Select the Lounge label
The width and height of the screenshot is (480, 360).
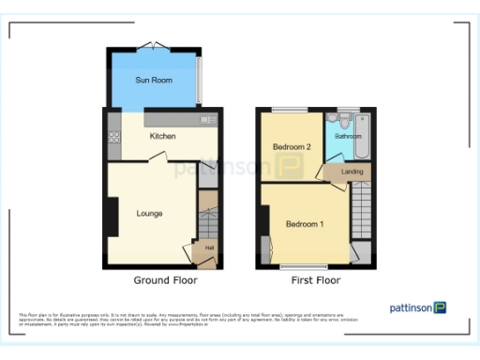[149, 214]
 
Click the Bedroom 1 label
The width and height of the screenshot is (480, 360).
[306, 224]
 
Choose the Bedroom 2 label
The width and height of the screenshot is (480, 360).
[292, 147]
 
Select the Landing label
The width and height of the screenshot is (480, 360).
[352, 172]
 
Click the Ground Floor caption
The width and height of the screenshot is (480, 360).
[165, 280]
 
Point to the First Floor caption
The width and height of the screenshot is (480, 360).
[315, 280]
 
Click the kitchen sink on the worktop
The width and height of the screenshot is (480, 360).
[207, 120]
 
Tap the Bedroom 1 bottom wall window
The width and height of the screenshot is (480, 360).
[298, 267]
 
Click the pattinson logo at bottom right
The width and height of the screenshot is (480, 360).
[418, 307]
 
